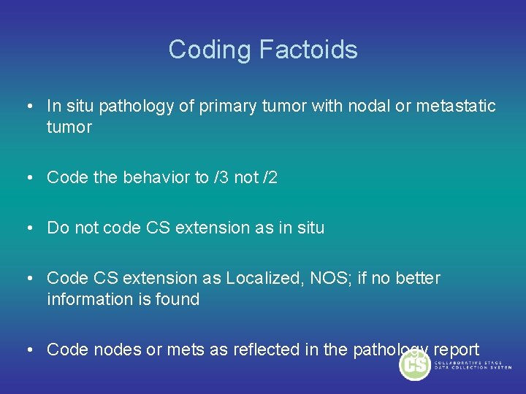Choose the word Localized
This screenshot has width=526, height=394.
coord(259,278)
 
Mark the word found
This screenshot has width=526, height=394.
coord(180,299)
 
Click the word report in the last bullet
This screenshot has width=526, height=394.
coord(456,349)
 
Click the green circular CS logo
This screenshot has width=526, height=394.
coord(415,363)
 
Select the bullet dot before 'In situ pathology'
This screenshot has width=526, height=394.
coord(27,107)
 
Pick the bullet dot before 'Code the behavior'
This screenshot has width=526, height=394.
coord(27,177)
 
